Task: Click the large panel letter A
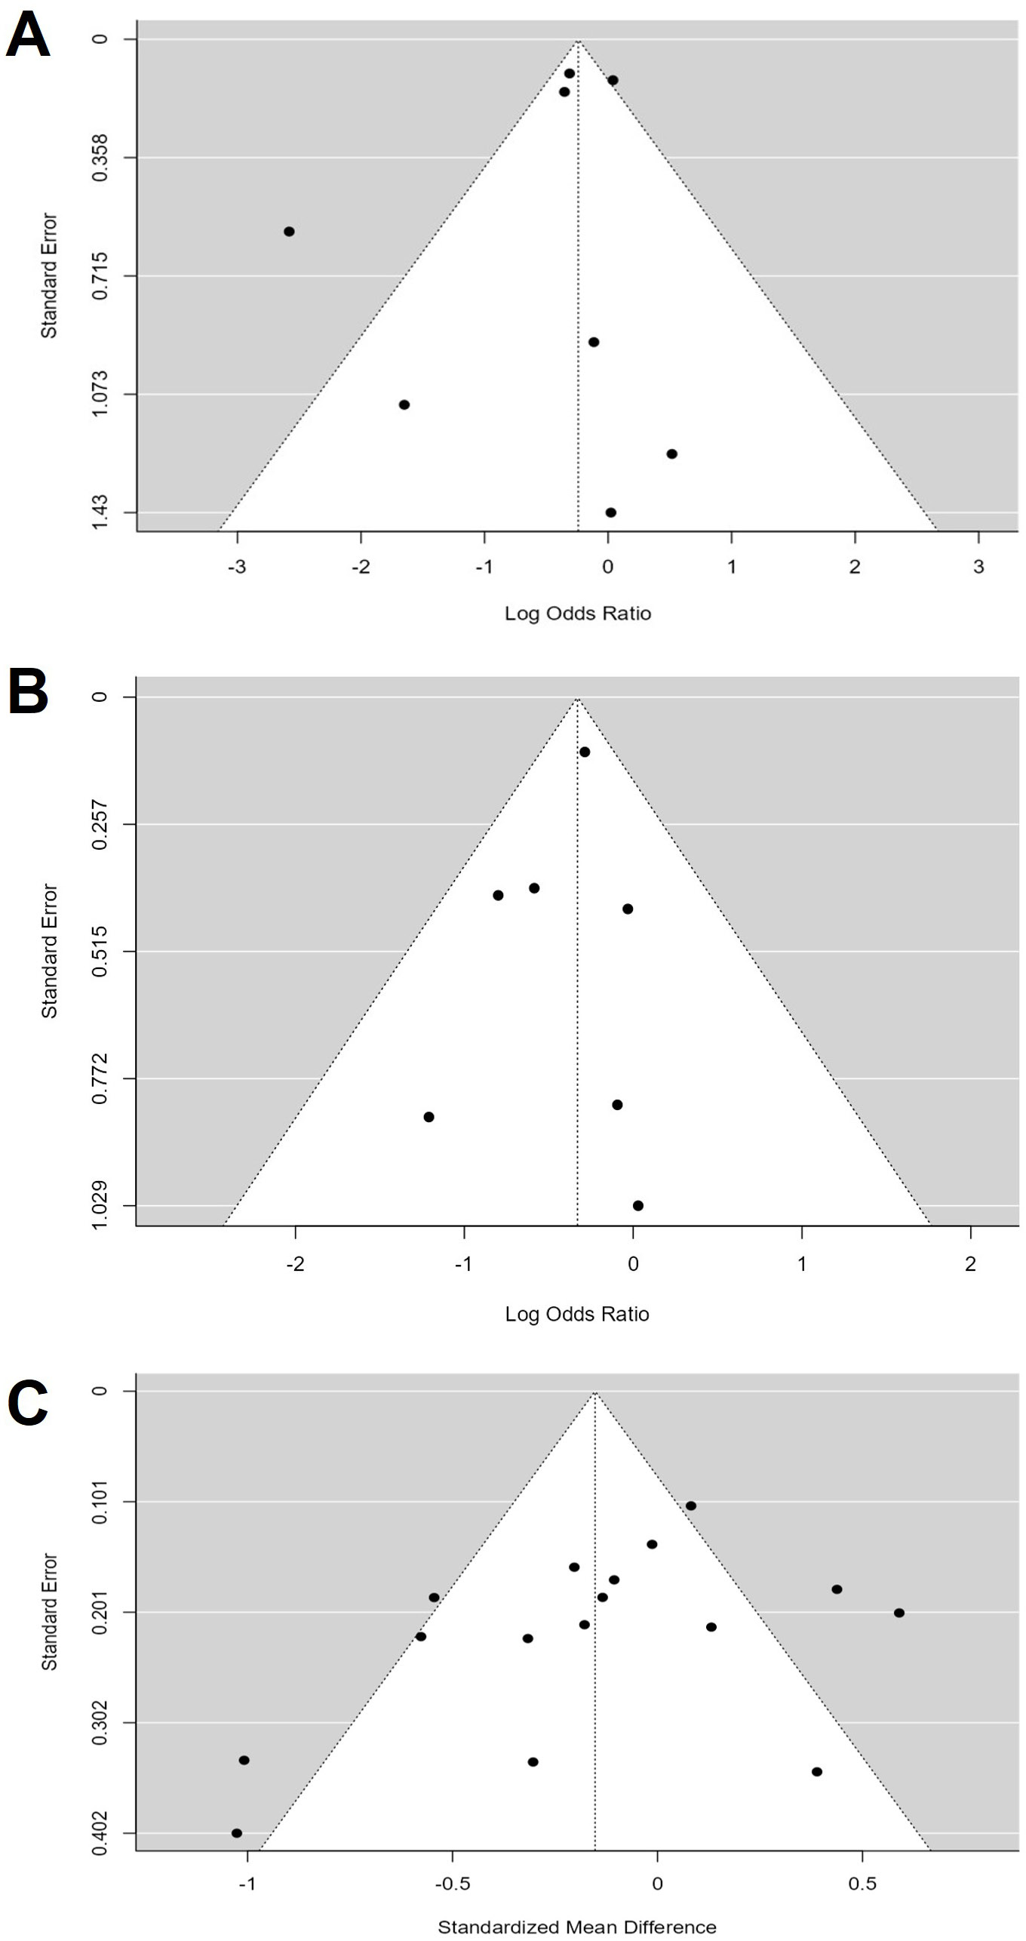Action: (27, 35)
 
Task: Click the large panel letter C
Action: (28, 1401)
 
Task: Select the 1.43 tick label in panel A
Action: (100, 512)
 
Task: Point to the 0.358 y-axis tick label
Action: (100, 157)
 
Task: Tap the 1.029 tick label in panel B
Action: (100, 1205)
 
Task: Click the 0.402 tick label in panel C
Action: (100, 1832)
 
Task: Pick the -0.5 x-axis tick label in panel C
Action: (452, 1883)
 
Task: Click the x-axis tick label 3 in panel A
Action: (978, 567)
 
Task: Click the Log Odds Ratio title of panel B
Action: (577, 1314)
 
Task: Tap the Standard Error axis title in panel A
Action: (49, 275)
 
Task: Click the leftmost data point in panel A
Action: (289, 231)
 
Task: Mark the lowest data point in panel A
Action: (611, 512)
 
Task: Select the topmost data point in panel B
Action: (585, 752)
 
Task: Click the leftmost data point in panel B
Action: (429, 1117)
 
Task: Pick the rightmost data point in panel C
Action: (899, 1613)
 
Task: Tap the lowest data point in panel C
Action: (237, 1833)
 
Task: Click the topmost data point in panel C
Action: (691, 1506)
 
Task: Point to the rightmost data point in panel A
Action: (672, 454)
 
